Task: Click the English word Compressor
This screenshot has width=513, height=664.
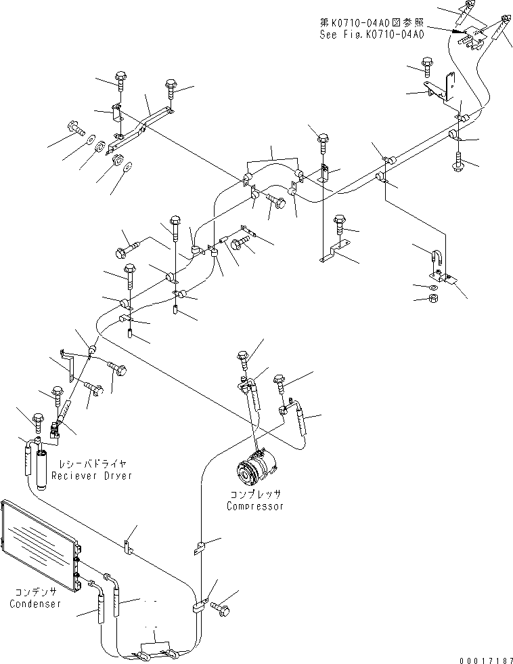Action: (255, 506)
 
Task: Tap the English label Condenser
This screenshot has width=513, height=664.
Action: (35, 604)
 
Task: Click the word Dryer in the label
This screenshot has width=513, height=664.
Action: (118, 476)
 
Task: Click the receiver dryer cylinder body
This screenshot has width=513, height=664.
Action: (41, 470)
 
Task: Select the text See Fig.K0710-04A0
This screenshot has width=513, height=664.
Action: (372, 35)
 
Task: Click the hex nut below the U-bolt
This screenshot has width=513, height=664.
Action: (434, 298)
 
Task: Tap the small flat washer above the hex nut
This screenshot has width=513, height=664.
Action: (432, 287)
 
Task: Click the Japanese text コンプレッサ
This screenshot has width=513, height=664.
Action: (255, 494)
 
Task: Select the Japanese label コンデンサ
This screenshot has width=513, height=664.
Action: (35, 592)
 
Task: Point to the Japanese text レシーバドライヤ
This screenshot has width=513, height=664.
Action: (93, 464)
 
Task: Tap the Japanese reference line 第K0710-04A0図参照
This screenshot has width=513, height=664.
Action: (372, 22)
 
